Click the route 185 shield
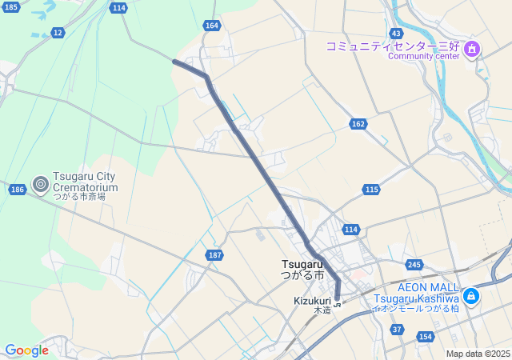10,7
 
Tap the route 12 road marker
58,32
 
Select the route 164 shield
211,26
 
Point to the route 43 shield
396,33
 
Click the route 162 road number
358,124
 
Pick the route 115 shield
370,189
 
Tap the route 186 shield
18,190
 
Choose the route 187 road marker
214,254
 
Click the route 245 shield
414,265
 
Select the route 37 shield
397,329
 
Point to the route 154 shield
425,337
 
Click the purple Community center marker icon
472,50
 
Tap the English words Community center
423,56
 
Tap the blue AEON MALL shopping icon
471,296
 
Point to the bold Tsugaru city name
302,264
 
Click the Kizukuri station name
312,301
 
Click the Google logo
26,350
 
